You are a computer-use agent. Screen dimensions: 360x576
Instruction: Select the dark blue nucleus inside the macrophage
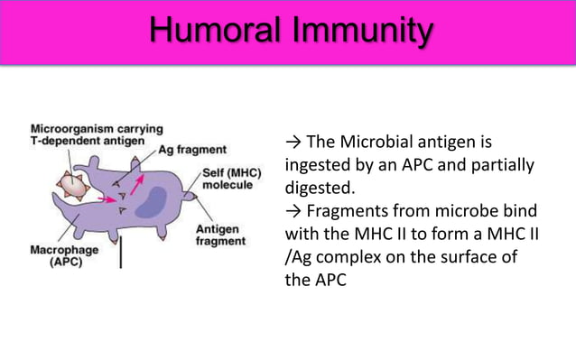(x=153, y=200)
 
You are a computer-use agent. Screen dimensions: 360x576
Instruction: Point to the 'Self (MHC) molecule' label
(x=231, y=178)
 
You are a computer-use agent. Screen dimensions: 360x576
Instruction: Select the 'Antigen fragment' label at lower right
(x=220, y=235)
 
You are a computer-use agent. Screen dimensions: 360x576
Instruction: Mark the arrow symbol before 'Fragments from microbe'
(x=293, y=212)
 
